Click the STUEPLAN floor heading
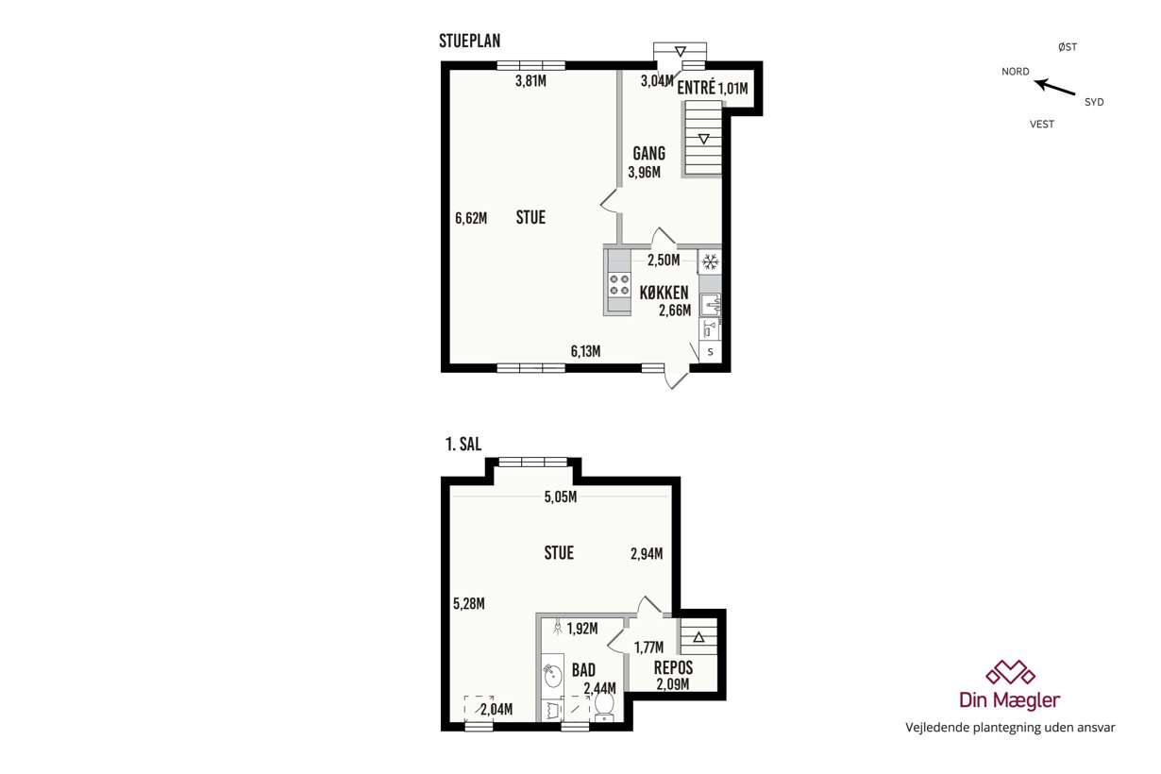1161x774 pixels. (x=469, y=41)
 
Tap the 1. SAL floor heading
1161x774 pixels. (x=463, y=445)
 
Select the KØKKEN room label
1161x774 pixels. (x=664, y=293)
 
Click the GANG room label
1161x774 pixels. (x=648, y=154)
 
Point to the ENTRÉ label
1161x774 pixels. (x=696, y=88)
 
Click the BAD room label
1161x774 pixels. (x=583, y=670)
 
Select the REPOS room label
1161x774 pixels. (x=673, y=667)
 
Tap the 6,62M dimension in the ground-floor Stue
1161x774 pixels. (x=471, y=218)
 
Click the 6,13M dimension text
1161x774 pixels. (x=585, y=351)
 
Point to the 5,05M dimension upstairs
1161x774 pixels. (x=561, y=497)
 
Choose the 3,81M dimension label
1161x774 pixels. (x=530, y=81)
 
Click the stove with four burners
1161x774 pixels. (x=619, y=285)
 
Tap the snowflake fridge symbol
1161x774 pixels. (x=710, y=261)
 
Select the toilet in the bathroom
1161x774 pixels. (x=604, y=707)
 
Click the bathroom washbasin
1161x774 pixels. (x=552, y=676)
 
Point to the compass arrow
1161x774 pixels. (x=1055, y=87)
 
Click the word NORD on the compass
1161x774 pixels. (x=1016, y=72)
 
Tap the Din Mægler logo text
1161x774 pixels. (x=1010, y=700)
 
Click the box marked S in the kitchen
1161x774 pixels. (x=710, y=352)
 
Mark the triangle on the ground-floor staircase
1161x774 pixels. (x=703, y=139)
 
